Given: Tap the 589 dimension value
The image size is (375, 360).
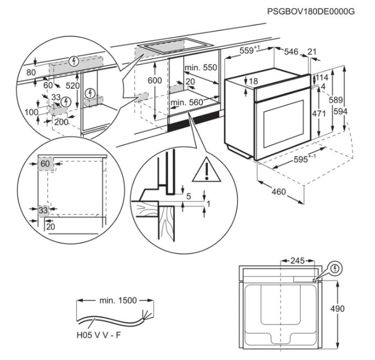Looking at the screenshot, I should click(x=336, y=99).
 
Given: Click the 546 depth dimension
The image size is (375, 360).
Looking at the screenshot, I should click(x=291, y=52).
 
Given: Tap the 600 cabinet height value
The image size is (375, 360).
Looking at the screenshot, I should click(x=154, y=80).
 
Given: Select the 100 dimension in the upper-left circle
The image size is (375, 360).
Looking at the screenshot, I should click(x=31, y=112).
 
